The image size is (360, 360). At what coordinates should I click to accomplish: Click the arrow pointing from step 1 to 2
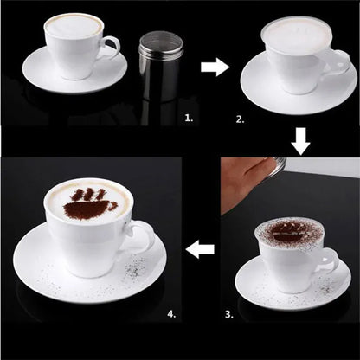(215, 65)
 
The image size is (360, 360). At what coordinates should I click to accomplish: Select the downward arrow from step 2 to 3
(299, 141)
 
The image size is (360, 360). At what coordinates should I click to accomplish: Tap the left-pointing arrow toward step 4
(201, 250)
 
